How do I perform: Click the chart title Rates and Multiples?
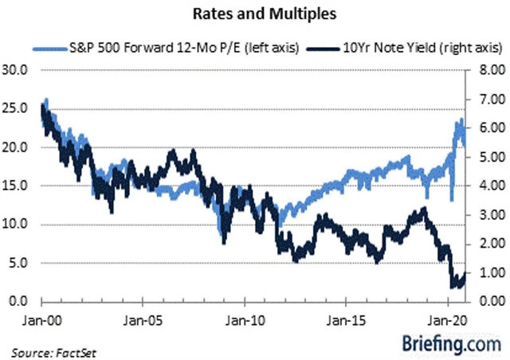[x=255, y=14]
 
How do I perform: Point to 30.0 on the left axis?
[x=17, y=69]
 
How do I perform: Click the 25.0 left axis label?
[x=17, y=108]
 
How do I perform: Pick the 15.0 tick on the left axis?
[x=17, y=186]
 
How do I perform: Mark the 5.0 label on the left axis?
[x=18, y=263]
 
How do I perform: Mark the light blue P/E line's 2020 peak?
[x=461, y=121]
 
